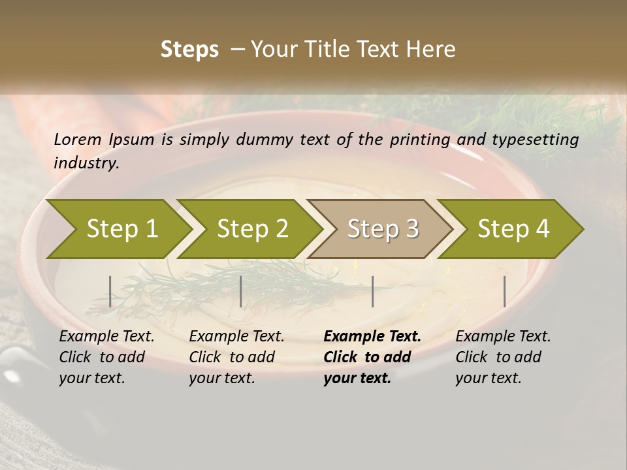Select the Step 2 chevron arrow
coord(251,229)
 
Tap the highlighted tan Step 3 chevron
coord(382,229)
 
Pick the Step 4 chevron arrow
coord(513,229)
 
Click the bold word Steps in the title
coord(189,50)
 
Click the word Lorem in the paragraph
coord(78,140)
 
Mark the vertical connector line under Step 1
coord(110,291)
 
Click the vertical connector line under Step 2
coord(241,291)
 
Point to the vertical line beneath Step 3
coord(373,291)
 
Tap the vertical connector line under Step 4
coord(505,291)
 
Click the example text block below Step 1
coord(106,357)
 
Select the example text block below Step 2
coord(236,357)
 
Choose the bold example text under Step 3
coord(372,357)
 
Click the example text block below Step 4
coord(503,357)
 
